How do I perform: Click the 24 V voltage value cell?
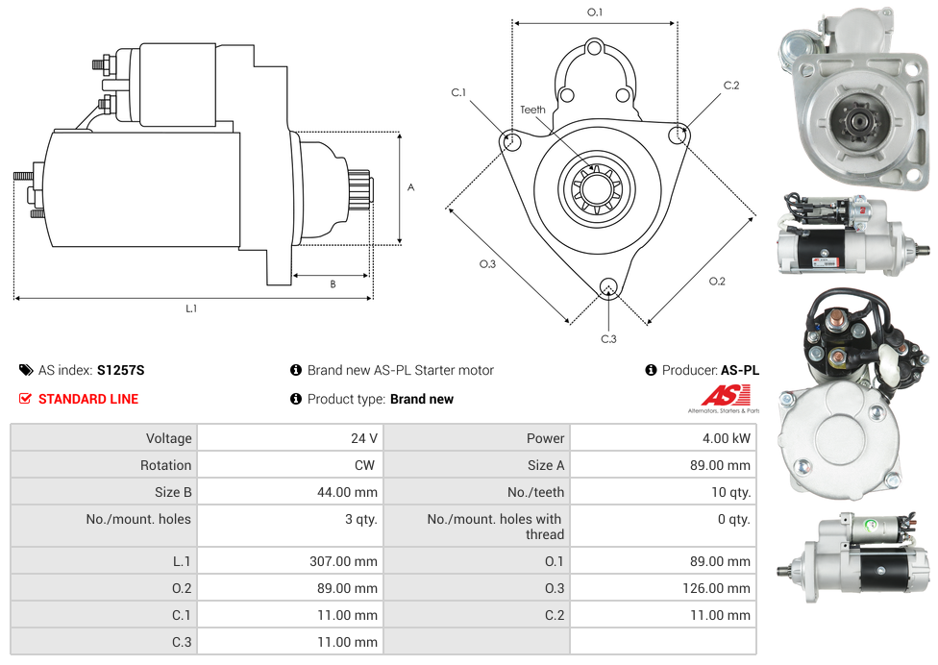point(363,438)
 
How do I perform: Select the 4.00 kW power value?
point(728,438)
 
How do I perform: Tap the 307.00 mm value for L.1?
point(343,561)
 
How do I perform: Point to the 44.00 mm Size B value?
point(347,492)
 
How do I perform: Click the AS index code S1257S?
point(120,370)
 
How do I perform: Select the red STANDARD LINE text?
point(88,399)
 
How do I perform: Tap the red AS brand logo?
point(725,395)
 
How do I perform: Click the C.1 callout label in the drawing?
point(458,92)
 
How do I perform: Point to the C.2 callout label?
point(731,86)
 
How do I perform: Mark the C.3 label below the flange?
point(608,338)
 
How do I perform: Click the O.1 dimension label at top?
point(595,12)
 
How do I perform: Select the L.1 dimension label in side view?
point(191,308)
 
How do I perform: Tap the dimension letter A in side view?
point(410,187)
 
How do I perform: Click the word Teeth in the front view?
point(532,110)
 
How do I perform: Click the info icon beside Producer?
point(651,370)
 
